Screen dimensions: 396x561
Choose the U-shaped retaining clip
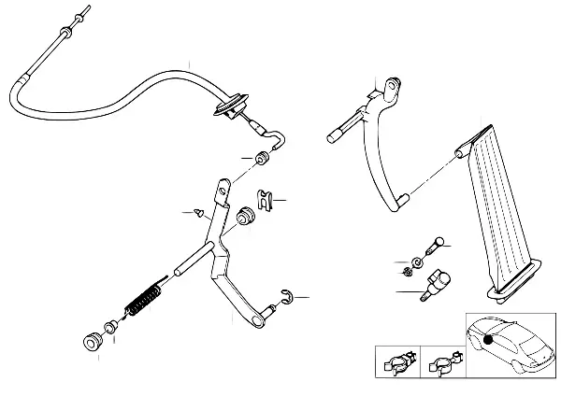click(x=266, y=200)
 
